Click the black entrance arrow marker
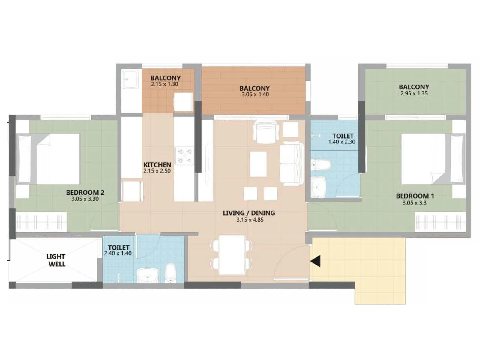click(316, 261)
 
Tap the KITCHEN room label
click(157, 165)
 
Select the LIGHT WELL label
click(56, 260)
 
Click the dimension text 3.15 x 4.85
click(250, 220)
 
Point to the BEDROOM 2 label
click(85, 193)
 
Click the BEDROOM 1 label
click(415, 196)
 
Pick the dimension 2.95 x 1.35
click(414, 94)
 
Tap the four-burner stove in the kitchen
click(185, 155)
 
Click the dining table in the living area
click(232, 255)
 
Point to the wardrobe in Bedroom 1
click(440, 222)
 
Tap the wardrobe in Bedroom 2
click(41, 222)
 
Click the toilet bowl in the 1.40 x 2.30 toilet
click(320, 165)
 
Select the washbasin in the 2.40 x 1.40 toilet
click(148, 275)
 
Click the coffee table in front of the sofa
click(258, 164)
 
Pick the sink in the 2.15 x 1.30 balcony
click(130, 79)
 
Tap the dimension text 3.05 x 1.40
click(255, 94)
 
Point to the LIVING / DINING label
click(249, 213)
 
